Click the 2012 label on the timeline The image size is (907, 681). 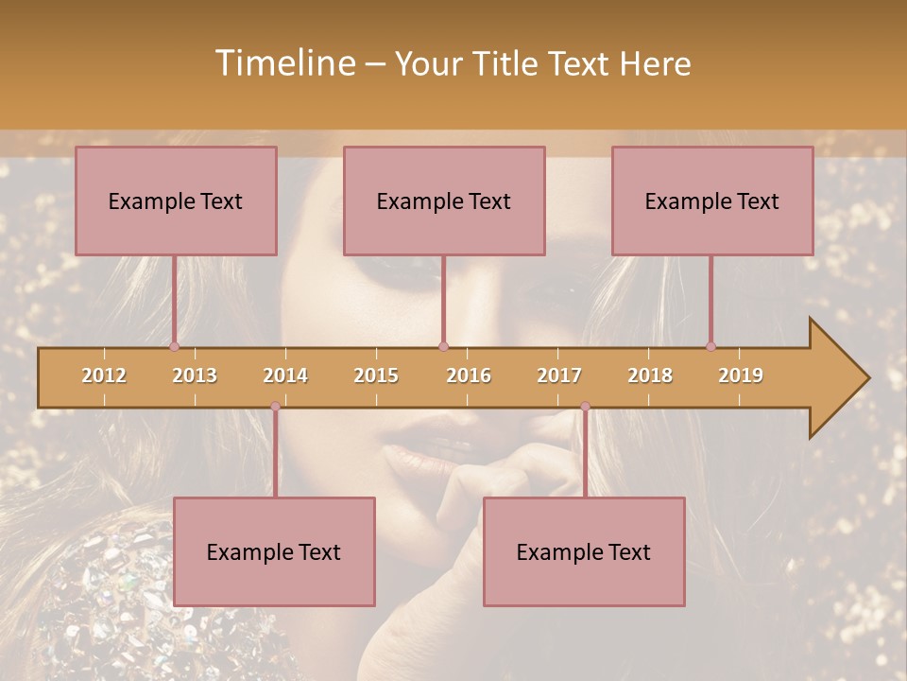(x=104, y=375)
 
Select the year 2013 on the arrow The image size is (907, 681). (x=195, y=375)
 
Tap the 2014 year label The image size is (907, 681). (x=285, y=375)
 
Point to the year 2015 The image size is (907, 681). (x=376, y=375)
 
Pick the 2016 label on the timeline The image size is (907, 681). (x=469, y=375)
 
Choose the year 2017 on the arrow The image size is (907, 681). (x=559, y=375)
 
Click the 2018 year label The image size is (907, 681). (x=650, y=375)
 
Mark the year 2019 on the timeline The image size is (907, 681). (x=741, y=375)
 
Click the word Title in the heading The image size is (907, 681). (x=507, y=63)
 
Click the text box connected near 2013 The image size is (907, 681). (x=176, y=201)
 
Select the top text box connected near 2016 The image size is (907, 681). (x=444, y=201)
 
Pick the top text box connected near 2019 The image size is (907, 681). (x=712, y=201)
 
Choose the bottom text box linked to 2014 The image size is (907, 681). (x=274, y=551)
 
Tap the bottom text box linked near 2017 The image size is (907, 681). (x=584, y=551)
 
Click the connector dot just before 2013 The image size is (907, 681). (x=175, y=346)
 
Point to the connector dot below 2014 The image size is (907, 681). (x=275, y=407)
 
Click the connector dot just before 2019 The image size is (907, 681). (x=710, y=346)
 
